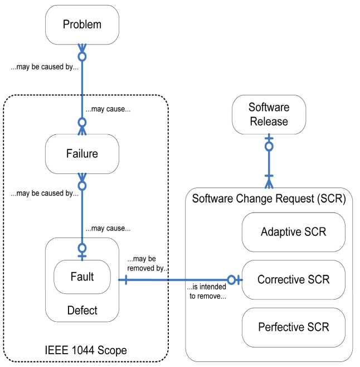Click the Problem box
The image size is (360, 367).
click(x=82, y=25)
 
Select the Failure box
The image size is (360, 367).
click(x=82, y=153)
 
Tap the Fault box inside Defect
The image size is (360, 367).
click(x=82, y=277)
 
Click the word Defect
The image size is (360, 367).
click(x=82, y=311)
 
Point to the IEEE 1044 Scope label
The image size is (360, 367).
click(x=86, y=351)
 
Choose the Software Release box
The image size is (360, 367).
click(x=269, y=114)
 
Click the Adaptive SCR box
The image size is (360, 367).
click(x=294, y=231)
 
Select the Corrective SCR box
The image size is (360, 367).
click(x=294, y=279)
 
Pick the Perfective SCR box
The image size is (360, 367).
click(x=294, y=327)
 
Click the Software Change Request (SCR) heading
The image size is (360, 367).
click(x=269, y=199)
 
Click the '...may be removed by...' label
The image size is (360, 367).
click(x=148, y=264)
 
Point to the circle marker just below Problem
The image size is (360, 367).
click(x=82, y=56)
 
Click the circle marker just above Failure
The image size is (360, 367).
click(x=82, y=122)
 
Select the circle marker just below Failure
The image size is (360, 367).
click(x=82, y=185)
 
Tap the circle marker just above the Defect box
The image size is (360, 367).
click(x=82, y=248)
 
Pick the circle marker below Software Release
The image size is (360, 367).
click(x=269, y=147)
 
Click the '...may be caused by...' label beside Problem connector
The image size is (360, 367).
click(x=45, y=67)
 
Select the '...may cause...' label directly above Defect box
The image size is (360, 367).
click(x=108, y=228)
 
